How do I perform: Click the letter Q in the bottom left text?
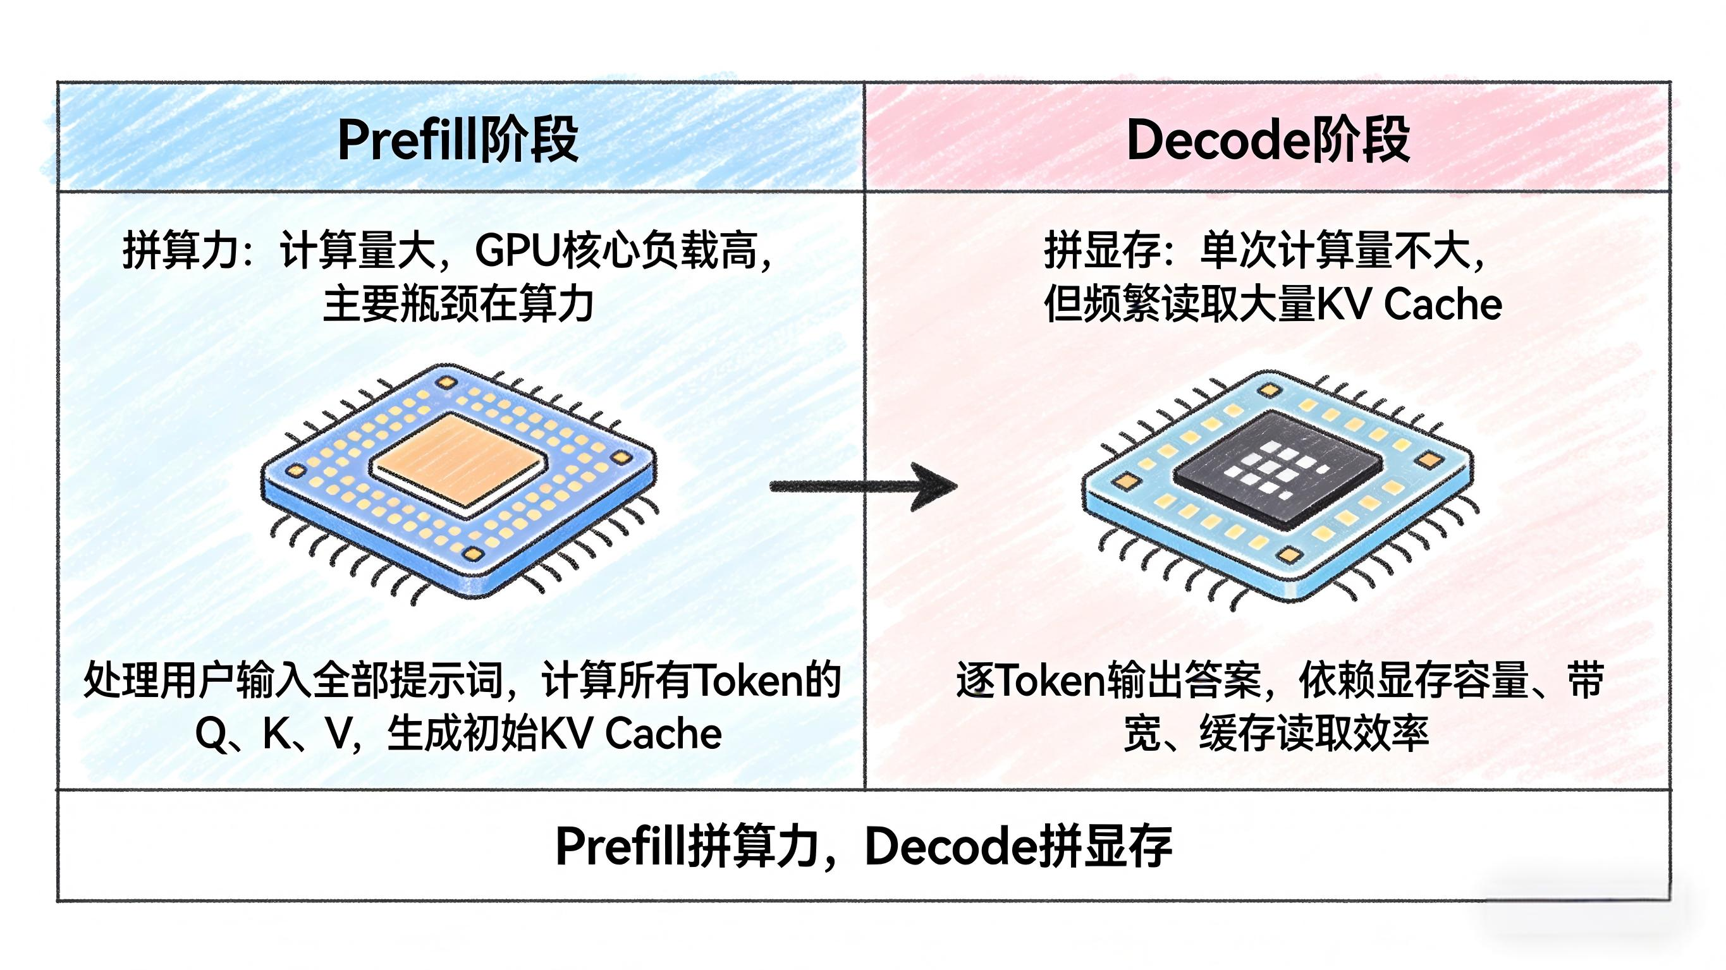coord(211,734)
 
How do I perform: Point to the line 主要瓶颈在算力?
coord(458,304)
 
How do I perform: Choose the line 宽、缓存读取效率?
coord(1276,734)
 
